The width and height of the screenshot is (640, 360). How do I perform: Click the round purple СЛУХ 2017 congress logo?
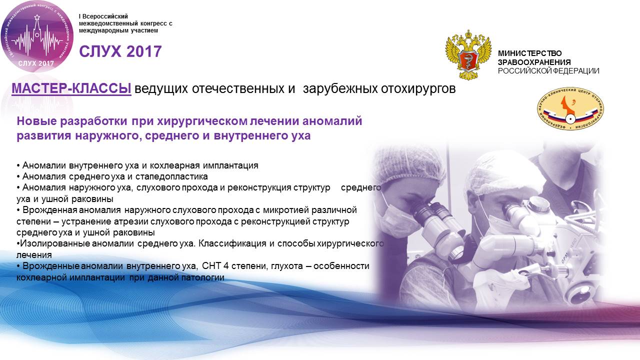coord(37,36)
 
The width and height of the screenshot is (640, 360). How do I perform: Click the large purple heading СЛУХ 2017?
coord(120,51)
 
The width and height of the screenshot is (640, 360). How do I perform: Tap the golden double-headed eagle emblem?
coord(468,54)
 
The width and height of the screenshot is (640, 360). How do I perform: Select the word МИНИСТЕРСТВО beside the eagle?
coord(529,53)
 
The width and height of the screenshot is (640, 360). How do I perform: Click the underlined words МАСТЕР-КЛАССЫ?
coord(71,88)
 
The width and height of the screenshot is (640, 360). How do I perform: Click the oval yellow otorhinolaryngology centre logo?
coord(570,108)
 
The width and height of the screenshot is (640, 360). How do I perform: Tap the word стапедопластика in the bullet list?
coord(171,176)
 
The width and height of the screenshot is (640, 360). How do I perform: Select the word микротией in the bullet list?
coord(285,210)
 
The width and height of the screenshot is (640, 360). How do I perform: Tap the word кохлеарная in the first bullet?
coord(174,165)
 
